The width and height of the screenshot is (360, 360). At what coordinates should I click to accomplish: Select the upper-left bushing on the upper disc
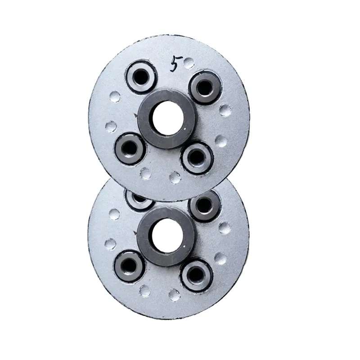click(x=141, y=76)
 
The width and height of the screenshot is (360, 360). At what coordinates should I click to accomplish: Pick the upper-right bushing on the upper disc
click(x=205, y=88)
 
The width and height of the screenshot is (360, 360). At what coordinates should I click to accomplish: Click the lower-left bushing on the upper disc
click(x=130, y=148)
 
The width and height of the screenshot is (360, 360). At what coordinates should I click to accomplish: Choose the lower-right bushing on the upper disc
click(x=197, y=157)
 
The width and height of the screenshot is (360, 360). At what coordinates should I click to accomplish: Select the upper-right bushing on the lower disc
click(x=204, y=206)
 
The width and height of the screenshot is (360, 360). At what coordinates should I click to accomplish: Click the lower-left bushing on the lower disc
click(x=130, y=266)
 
